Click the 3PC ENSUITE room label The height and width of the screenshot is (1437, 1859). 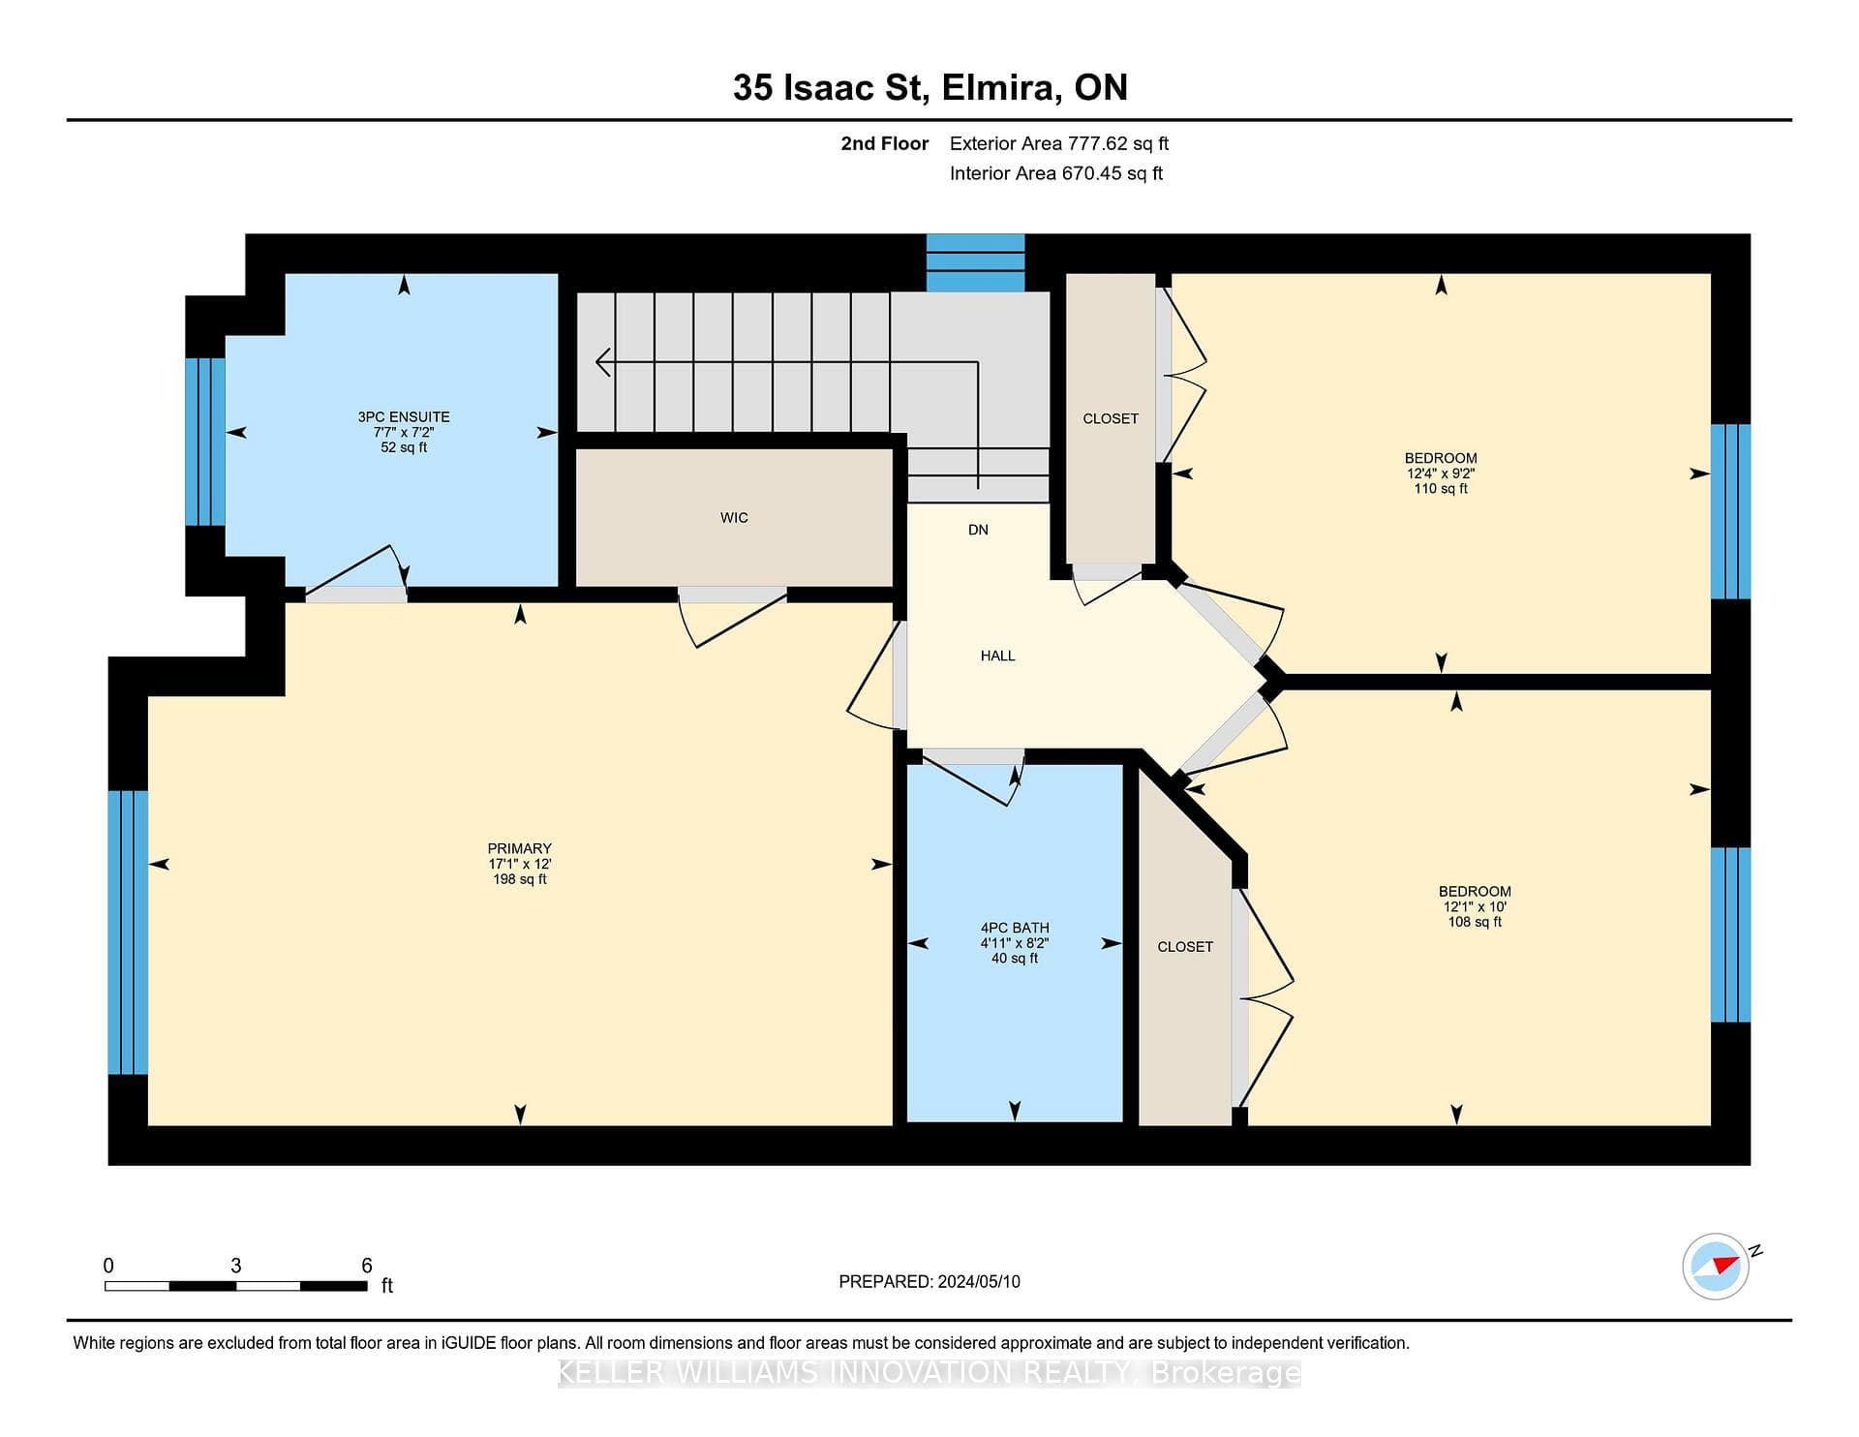click(x=404, y=417)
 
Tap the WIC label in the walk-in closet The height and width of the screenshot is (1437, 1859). click(x=734, y=518)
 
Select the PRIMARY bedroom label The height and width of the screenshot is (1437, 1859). click(x=520, y=848)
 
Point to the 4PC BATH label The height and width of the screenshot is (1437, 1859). click(x=1015, y=928)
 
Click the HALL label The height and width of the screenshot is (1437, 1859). click(x=997, y=656)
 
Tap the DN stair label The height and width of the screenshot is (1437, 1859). click(x=978, y=530)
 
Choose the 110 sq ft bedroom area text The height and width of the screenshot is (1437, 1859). click(x=1441, y=489)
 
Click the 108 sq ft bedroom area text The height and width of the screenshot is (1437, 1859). click(x=1475, y=922)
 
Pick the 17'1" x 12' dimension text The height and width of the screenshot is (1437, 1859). click(x=520, y=864)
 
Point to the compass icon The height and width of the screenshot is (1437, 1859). click(x=1716, y=1266)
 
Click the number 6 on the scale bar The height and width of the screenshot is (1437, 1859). click(x=367, y=1266)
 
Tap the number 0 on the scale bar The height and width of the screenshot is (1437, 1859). click(x=108, y=1266)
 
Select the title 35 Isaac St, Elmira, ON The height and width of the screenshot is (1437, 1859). click(x=930, y=88)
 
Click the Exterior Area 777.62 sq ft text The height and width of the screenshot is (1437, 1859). click(x=1059, y=143)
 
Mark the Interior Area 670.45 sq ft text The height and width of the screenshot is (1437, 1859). click(x=1056, y=173)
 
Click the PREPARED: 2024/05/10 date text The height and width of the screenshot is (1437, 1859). click(x=929, y=1281)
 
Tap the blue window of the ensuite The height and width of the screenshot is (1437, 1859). click(x=205, y=442)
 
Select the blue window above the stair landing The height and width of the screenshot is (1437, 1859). click(x=975, y=262)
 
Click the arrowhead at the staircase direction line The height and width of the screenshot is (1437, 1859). click(x=602, y=363)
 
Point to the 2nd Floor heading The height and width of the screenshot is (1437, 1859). click(x=884, y=143)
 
